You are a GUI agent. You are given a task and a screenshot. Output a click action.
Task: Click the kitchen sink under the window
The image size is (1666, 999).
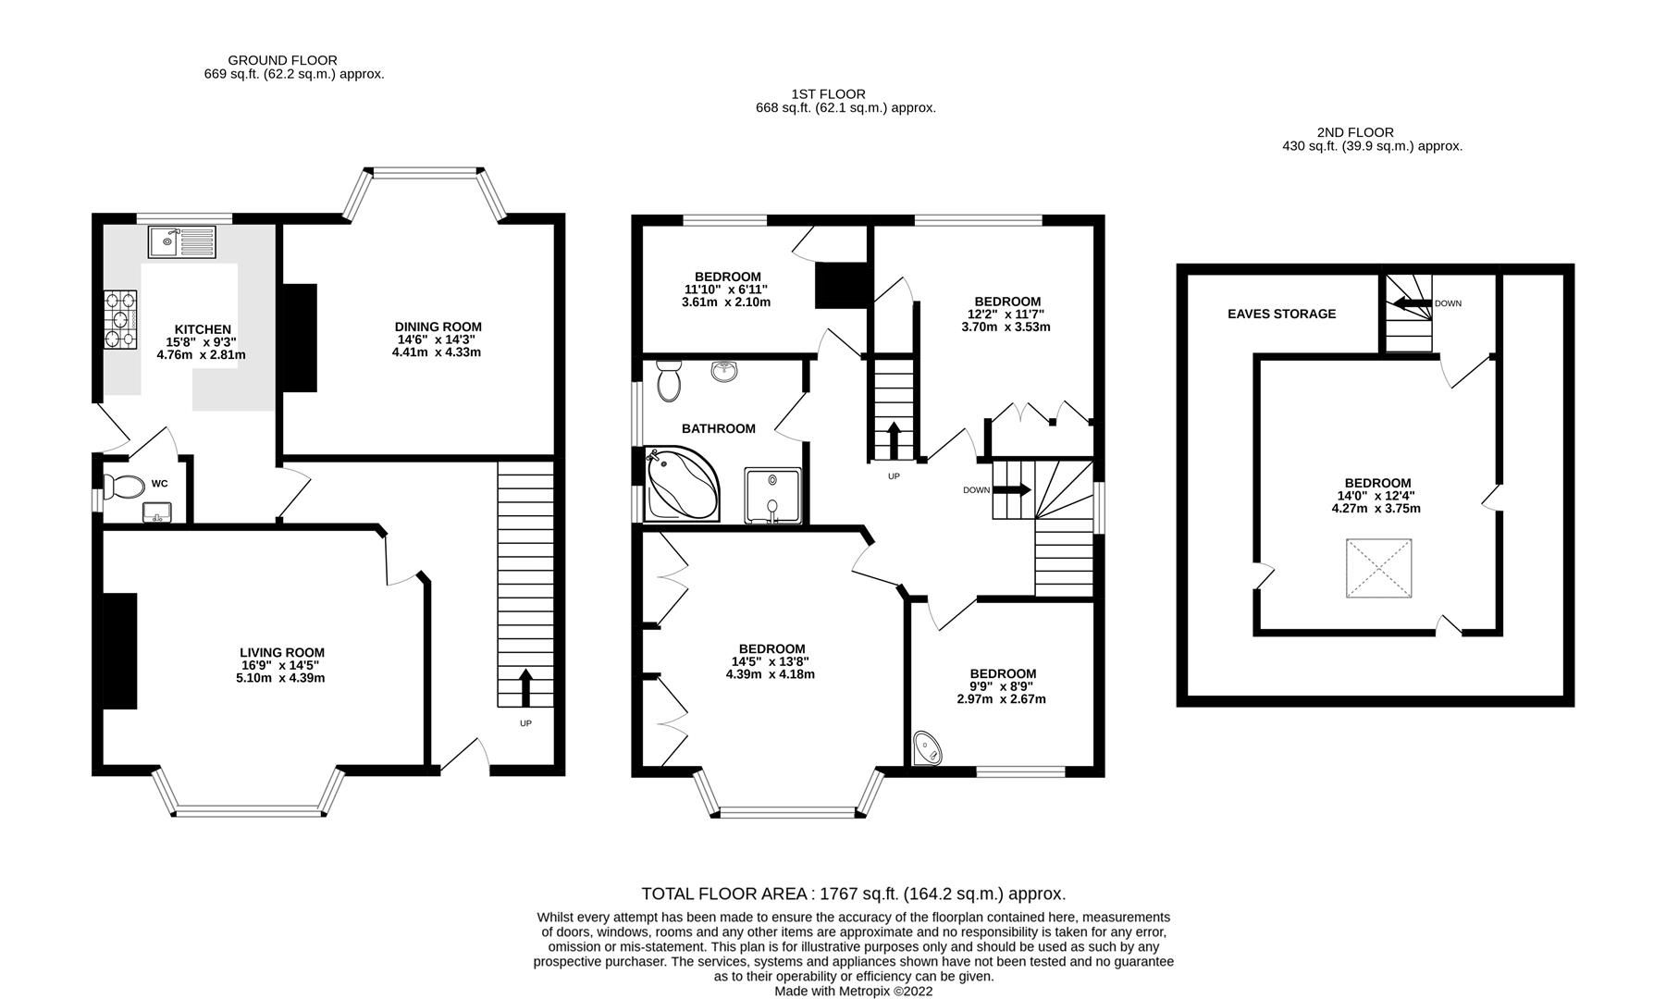click(181, 241)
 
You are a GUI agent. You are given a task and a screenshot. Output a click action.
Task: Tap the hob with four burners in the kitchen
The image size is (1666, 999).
click(120, 318)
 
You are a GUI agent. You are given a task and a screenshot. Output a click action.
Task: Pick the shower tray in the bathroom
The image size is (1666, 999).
click(771, 494)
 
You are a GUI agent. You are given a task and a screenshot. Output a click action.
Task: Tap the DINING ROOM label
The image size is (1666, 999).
click(438, 327)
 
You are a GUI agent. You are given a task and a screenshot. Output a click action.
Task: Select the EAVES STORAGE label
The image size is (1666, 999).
click(1281, 314)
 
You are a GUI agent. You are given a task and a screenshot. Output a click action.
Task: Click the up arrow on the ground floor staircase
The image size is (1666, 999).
click(525, 687)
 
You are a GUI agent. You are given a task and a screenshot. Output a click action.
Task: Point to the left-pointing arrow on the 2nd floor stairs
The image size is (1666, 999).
click(1412, 302)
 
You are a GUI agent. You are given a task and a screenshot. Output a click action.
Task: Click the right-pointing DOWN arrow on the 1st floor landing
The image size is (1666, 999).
click(1011, 489)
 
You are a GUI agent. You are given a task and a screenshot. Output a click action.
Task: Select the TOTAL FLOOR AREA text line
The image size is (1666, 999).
click(853, 894)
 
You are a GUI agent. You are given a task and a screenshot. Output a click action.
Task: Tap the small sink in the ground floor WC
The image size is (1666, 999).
click(155, 512)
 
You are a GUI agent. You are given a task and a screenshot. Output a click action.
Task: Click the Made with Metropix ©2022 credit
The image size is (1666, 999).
click(853, 991)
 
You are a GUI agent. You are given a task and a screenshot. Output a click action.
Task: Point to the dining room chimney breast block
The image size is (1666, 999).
click(298, 338)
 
